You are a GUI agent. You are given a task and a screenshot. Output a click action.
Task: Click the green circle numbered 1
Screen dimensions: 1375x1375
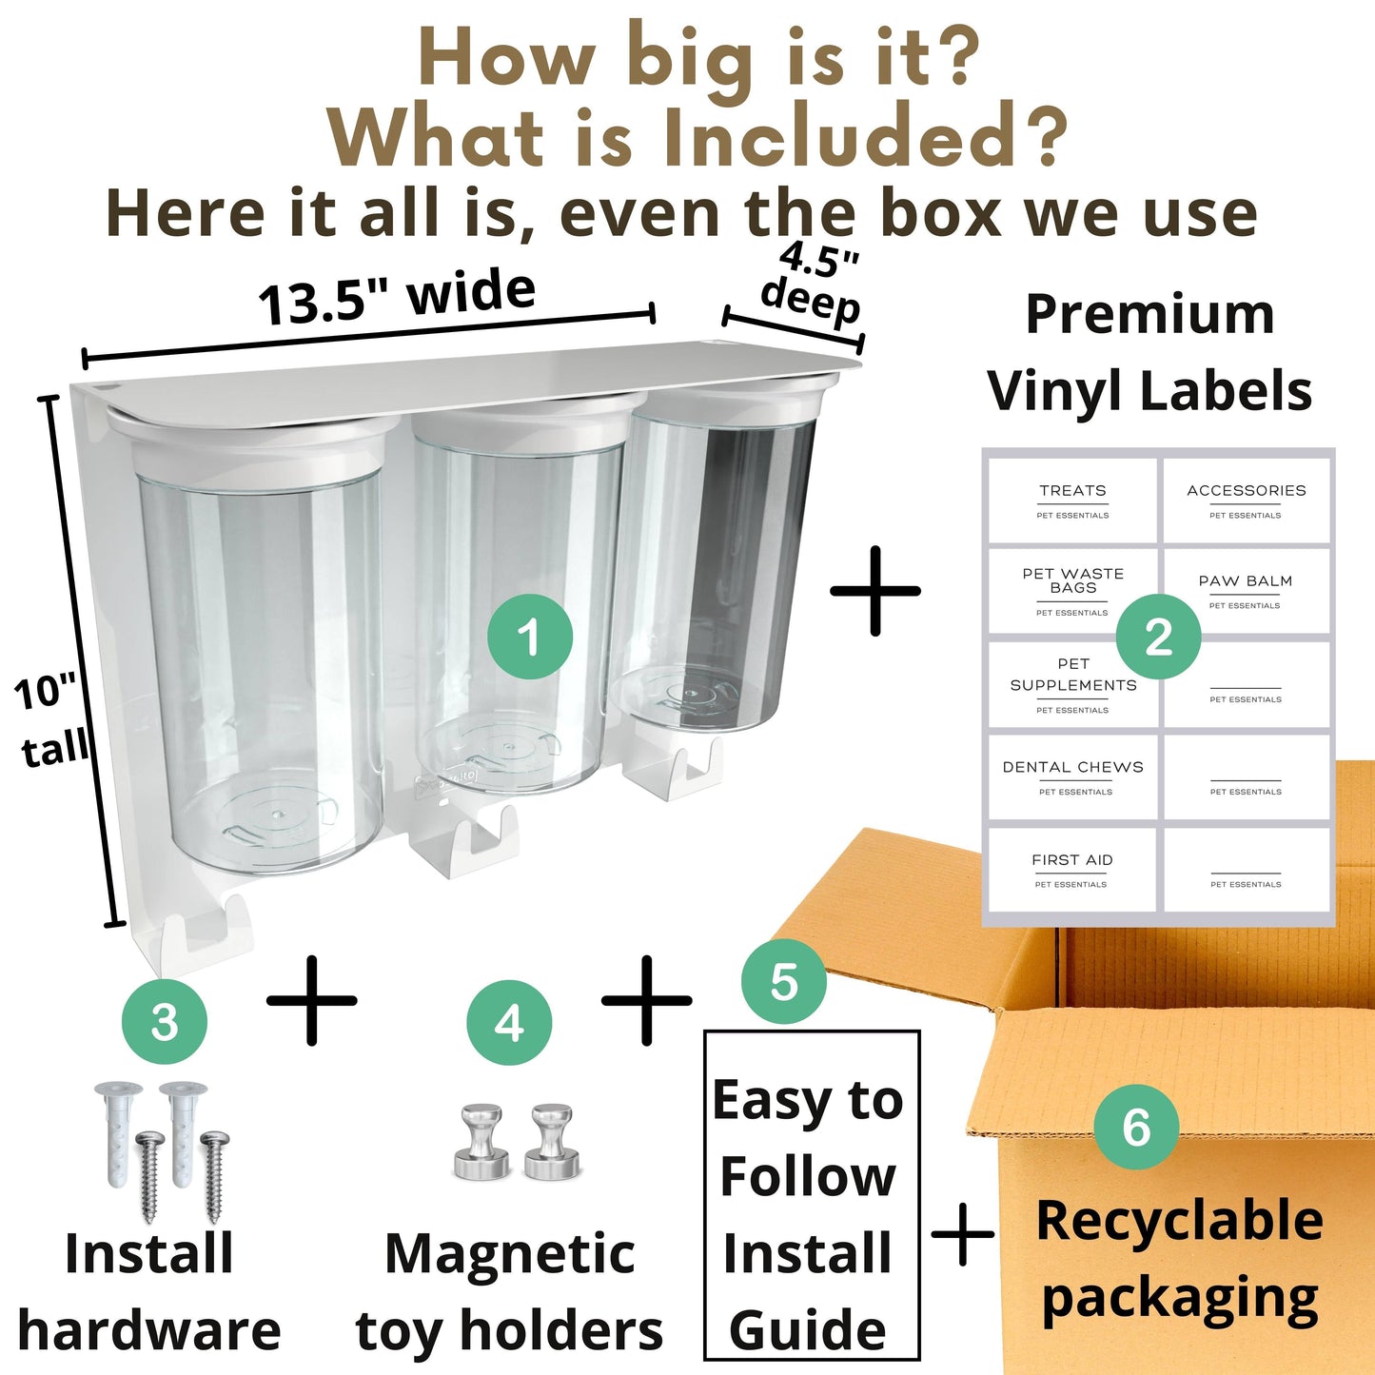coord(529,636)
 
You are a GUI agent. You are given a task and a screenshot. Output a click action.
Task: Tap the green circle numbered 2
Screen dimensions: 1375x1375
coord(1158,636)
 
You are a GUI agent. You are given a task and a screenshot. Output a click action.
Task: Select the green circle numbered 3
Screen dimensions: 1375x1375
coord(164,1022)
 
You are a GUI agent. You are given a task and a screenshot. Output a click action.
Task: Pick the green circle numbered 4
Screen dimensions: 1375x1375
coord(509,1023)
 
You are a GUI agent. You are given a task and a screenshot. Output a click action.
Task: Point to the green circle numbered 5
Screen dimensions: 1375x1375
coord(783,981)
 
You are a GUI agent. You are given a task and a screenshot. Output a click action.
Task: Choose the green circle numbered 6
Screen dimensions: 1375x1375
coord(1136,1126)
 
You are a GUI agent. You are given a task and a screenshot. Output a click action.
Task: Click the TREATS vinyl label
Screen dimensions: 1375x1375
coord(1072,501)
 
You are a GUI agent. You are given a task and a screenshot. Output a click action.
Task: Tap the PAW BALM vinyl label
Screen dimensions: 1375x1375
coord(1246,591)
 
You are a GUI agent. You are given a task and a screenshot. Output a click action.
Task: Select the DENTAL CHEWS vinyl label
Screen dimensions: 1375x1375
coord(1072,777)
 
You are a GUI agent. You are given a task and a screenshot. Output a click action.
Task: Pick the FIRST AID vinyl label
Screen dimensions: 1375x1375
coord(1072,869)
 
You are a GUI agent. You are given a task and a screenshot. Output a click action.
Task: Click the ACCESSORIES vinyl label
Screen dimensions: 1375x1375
coord(1246,501)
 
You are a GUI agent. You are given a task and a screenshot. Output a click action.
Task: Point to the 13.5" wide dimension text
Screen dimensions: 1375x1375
coord(397,295)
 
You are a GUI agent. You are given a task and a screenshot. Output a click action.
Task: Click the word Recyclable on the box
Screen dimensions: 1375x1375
coord(1180,1221)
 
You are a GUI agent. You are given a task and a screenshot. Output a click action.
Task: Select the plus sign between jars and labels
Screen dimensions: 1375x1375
coord(875,591)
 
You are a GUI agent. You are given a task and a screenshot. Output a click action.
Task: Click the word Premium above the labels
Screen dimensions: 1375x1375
coord(1149,314)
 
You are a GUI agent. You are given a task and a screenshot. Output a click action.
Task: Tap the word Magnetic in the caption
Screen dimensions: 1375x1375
coord(509,1254)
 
